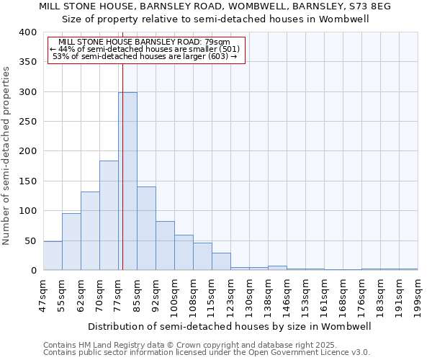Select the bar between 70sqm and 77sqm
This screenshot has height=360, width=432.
[109, 216]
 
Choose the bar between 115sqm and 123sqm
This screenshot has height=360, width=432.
[221, 262]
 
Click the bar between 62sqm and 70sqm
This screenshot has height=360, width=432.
[90, 231]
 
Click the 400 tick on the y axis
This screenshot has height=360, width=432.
[28, 32]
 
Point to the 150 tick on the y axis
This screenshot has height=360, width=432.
[28, 181]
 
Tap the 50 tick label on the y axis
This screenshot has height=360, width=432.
[31, 241]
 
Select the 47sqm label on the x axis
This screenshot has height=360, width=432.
[44, 295]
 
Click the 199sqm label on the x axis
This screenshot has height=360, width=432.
[418, 295]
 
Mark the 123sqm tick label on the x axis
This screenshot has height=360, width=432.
[231, 295]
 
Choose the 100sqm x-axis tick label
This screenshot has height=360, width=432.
[175, 295]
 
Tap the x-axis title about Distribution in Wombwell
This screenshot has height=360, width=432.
[230, 326]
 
